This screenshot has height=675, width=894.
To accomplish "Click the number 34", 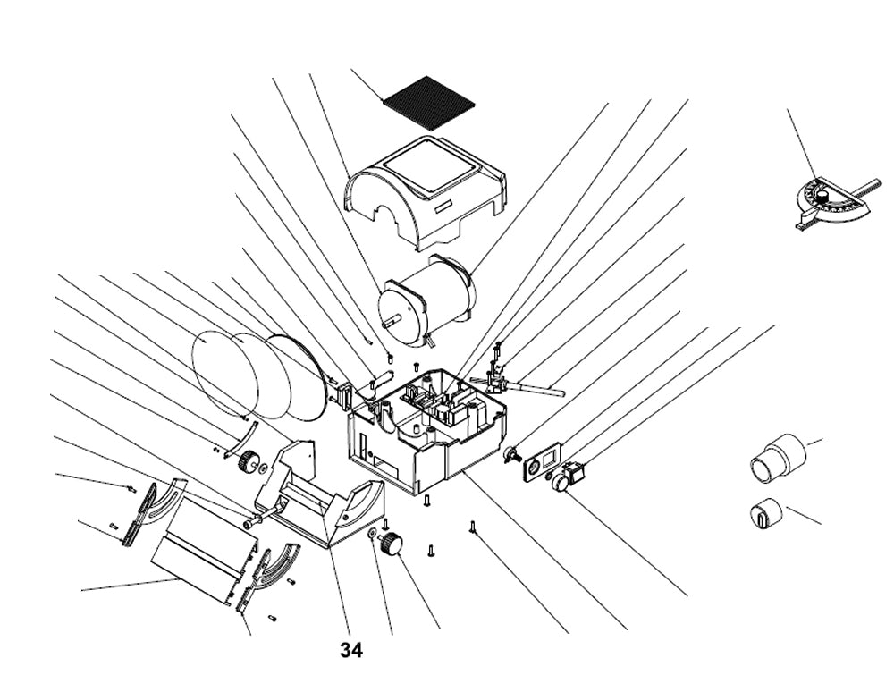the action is coord(351,650).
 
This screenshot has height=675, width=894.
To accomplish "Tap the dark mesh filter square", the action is coord(428,102).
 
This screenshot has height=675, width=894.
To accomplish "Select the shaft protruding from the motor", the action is coord(392,322).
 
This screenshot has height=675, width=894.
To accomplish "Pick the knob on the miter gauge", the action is coord(822,197).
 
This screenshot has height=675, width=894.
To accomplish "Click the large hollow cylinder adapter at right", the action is coord(777,460).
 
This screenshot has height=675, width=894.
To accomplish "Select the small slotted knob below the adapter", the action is coord(766,512).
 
